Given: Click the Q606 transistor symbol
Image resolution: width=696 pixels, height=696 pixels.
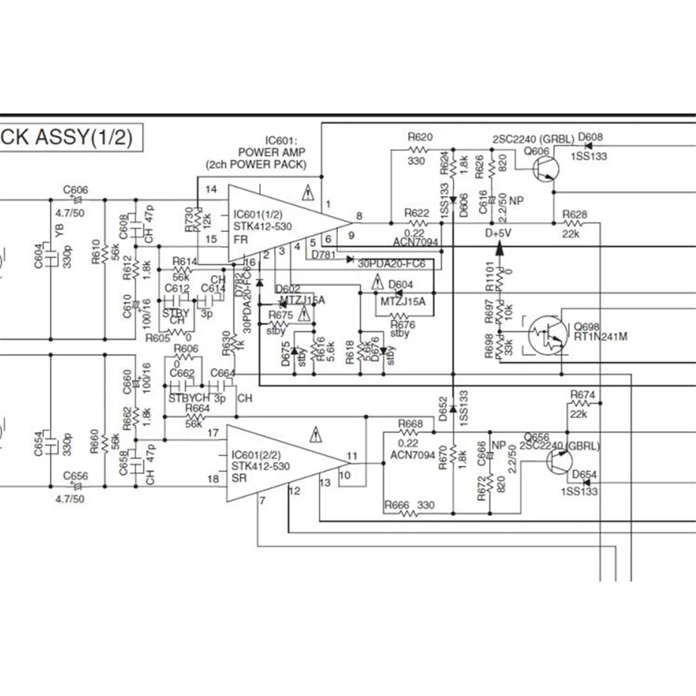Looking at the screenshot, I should click(546, 169).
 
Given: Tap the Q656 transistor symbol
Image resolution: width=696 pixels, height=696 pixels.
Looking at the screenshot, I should click(559, 461).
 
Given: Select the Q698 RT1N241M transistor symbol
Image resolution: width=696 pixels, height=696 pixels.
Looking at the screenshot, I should click(548, 335).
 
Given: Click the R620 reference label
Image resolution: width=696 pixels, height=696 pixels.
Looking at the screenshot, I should click(420, 137).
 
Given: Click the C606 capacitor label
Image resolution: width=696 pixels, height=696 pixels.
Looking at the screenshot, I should click(75, 190).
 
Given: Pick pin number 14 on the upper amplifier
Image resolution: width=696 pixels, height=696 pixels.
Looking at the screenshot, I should click(211, 189).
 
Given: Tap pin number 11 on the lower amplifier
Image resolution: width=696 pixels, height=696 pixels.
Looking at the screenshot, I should click(352, 456).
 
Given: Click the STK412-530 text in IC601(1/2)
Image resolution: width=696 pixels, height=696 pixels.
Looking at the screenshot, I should click(263, 227).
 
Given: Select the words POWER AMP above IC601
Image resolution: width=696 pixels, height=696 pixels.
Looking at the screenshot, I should click(272, 152).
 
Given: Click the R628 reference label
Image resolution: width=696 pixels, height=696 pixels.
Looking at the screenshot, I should click(574, 215).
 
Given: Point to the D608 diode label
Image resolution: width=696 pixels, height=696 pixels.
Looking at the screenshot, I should click(590, 137).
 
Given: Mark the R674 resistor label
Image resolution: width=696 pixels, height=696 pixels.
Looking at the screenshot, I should click(582, 395).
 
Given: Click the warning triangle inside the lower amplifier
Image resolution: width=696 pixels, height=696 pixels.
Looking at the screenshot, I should click(316, 434).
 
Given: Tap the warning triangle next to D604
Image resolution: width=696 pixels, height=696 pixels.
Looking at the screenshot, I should click(378, 283).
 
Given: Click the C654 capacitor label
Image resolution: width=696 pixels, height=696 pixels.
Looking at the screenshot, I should click(38, 443).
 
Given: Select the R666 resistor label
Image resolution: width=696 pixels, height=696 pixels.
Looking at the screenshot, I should click(397, 505).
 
